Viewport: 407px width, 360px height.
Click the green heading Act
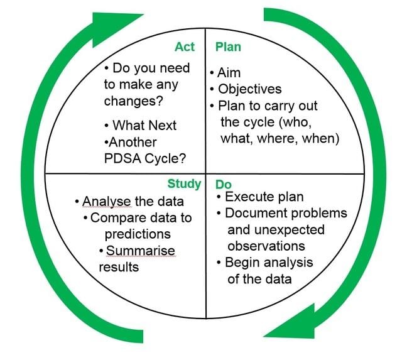click(185, 47)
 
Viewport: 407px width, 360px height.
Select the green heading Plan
click(228, 47)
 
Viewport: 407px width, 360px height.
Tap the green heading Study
click(184, 183)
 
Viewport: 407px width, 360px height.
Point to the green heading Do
click(224, 184)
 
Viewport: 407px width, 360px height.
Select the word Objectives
click(250, 89)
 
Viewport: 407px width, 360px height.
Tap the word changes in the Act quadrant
click(131, 101)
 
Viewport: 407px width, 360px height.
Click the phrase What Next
click(145, 126)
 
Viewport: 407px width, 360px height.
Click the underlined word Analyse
click(107, 202)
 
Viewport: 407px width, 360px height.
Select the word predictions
click(138, 234)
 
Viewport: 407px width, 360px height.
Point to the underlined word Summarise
click(141, 251)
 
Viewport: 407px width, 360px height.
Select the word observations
click(266, 246)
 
